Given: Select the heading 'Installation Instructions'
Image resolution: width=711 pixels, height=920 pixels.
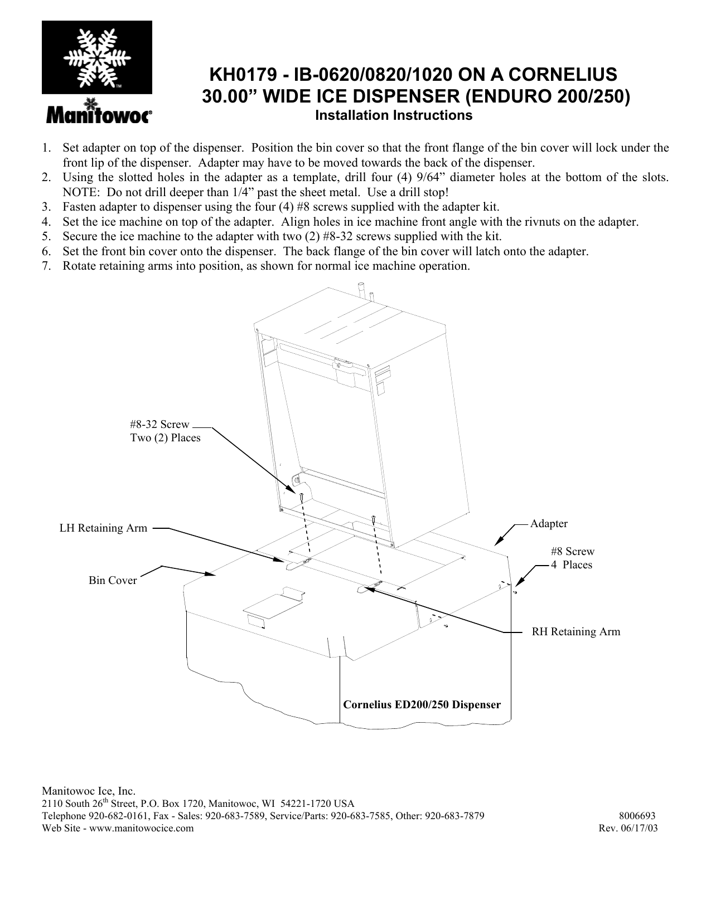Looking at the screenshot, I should [x=394, y=116].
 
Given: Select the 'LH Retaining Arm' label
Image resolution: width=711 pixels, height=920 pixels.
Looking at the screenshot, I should [x=104, y=528].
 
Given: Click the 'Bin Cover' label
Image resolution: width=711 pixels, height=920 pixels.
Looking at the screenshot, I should [x=113, y=581].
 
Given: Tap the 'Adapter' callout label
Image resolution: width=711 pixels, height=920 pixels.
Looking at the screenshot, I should [x=549, y=524].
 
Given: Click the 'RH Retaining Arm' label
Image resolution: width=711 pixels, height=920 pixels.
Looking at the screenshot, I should [x=575, y=631].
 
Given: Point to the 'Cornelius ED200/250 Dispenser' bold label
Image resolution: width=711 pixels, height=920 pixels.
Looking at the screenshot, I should [x=422, y=704].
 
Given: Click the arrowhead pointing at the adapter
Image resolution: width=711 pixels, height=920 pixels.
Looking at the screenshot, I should [x=498, y=542].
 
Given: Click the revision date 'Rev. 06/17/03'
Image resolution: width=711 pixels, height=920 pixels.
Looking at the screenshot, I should [x=627, y=828].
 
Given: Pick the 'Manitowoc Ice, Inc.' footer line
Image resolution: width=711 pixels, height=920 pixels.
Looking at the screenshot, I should [x=89, y=791].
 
